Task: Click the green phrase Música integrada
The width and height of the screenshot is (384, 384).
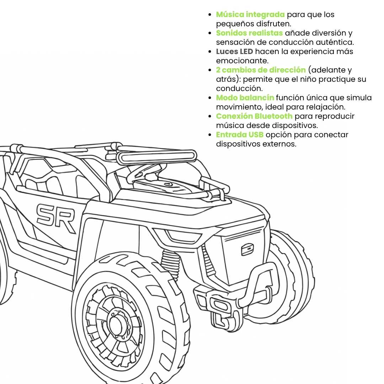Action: coord(250,15)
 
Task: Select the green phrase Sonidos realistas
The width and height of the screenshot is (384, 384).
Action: coord(249,33)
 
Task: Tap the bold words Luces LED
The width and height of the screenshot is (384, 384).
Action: coord(234,52)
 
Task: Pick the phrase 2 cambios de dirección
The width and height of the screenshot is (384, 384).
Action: coord(261,70)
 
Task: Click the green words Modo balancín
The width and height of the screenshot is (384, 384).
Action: coord(245,98)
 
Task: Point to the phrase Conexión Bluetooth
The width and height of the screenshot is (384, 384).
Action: coord(254,116)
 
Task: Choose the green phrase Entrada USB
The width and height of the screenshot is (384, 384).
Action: coord(240,135)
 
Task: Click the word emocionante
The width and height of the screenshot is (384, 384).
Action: coord(242,61)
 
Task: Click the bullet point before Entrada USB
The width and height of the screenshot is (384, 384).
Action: coord(210,135)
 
